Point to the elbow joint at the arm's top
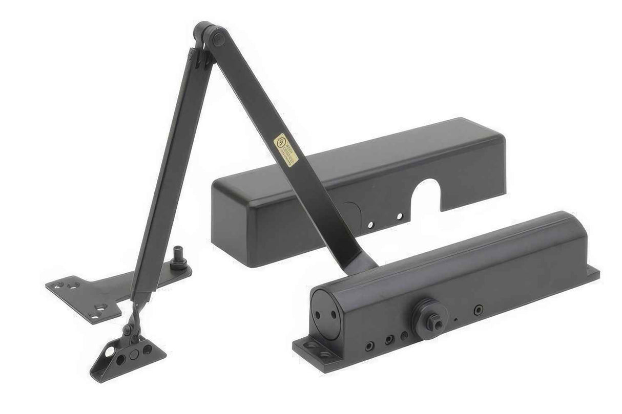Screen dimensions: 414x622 (x=205, y=33)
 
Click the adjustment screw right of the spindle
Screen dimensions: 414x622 (x=478, y=310)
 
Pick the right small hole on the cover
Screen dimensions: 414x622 (x=399, y=216)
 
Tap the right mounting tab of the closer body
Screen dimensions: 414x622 (x=593, y=273)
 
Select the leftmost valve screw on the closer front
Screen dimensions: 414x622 (x=368, y=346)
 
